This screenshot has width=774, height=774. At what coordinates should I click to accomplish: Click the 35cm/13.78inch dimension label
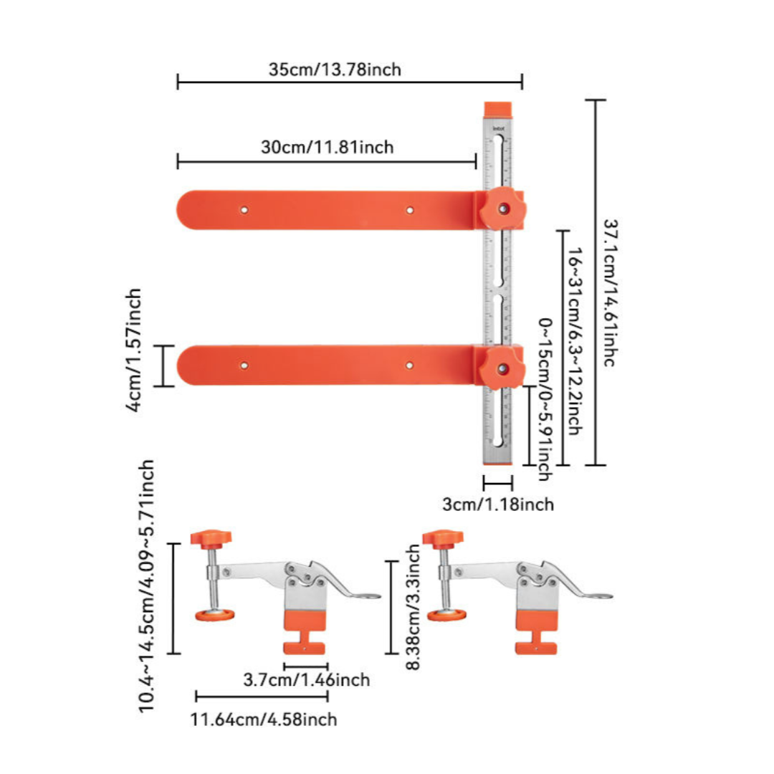tap(335, 70)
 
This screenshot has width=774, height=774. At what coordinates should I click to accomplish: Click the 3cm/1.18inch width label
tap(498, 504)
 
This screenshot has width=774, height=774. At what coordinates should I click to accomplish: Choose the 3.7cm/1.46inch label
tap(307, 679)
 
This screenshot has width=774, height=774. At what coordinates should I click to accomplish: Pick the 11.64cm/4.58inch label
tap(264, 719)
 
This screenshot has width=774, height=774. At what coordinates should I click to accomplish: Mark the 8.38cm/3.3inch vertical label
tap(414, 607)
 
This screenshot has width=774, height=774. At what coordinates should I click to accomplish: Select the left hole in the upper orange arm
tap(244, 210)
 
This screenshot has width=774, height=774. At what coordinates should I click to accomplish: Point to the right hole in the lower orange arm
tap(409, 365)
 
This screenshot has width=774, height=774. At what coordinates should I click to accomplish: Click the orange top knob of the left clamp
tap(211, 537)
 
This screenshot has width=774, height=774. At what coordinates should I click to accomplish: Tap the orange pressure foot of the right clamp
tap(446, 615)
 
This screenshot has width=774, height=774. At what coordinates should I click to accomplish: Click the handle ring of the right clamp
tap(603, 596)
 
